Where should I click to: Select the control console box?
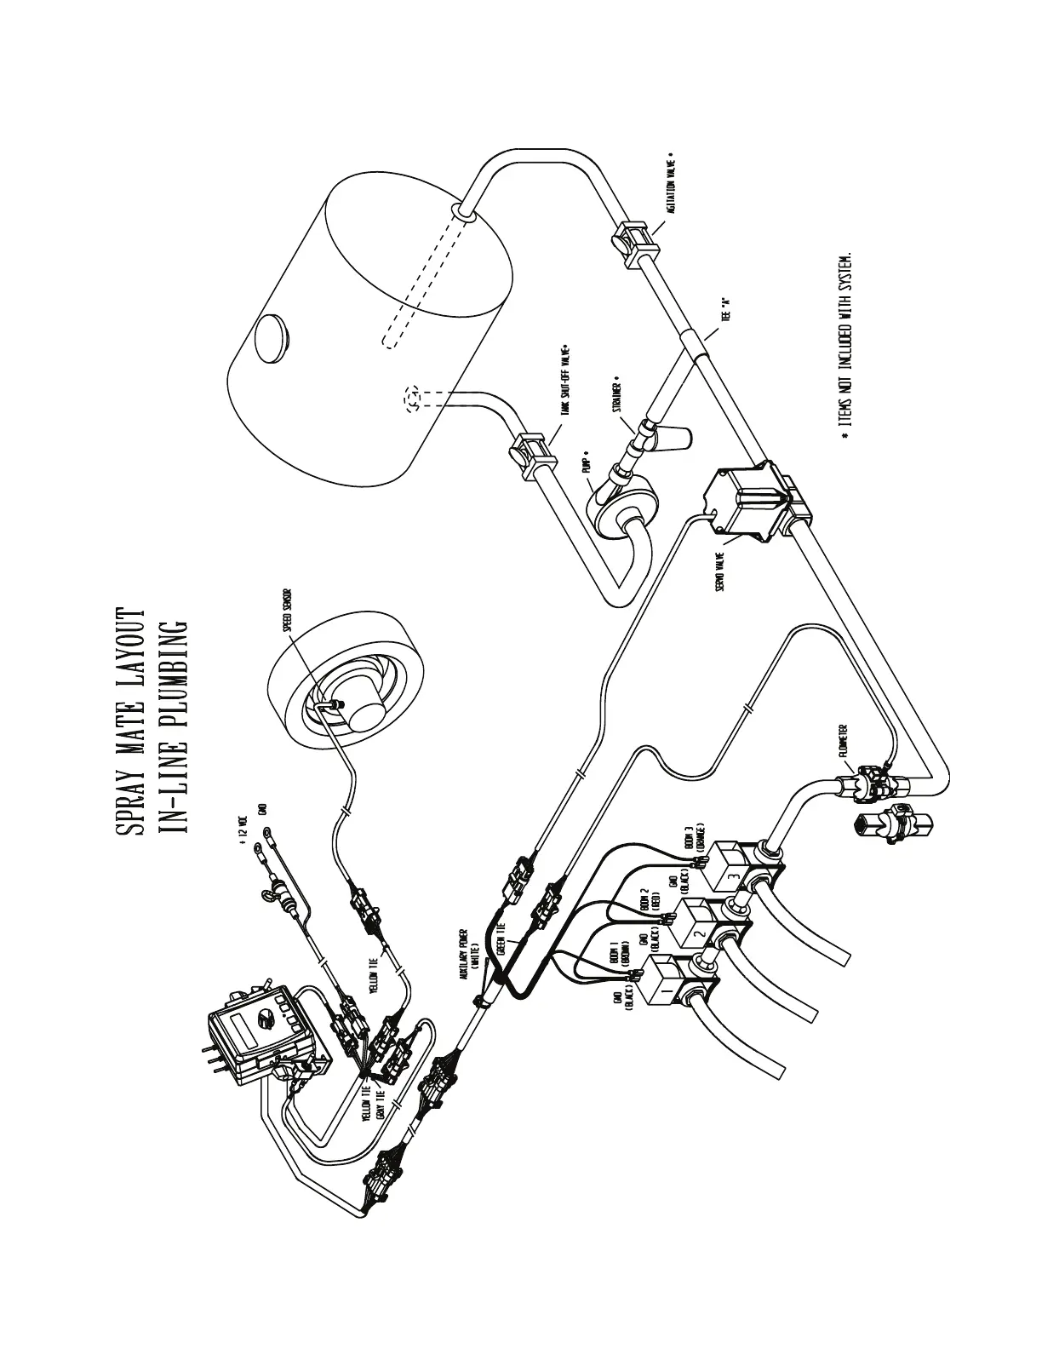click(x=256, y=1041)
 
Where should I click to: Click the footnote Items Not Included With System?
click(x=845, y=345)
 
